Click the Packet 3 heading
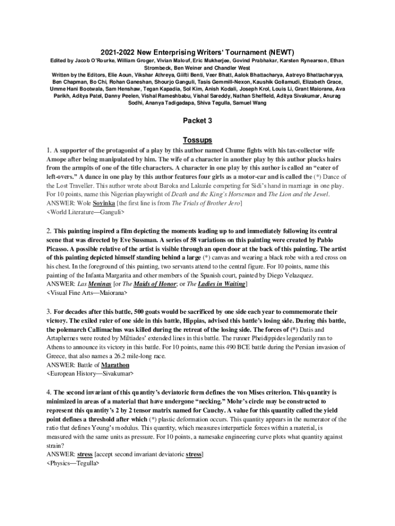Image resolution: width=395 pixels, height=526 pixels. [x=197, y=121]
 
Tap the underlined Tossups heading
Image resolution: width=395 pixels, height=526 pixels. [x=197, y=140]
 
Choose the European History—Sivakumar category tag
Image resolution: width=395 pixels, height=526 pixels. [x=90, y=373]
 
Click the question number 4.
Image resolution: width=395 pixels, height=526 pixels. [x=48, y=392]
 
